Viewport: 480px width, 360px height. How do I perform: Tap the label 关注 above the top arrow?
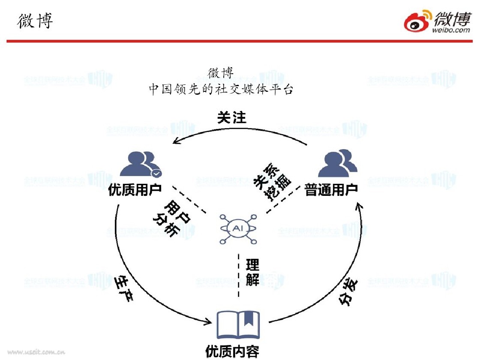pyautogui.click(x=231, y=117)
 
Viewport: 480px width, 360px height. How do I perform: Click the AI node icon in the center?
pyautogui.click(x=237, y=229)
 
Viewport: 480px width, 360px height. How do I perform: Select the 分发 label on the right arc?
pyautogui.click(x=349, y=291)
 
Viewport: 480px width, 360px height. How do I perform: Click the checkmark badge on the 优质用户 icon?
pyautogui.click(x=156, y=173)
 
